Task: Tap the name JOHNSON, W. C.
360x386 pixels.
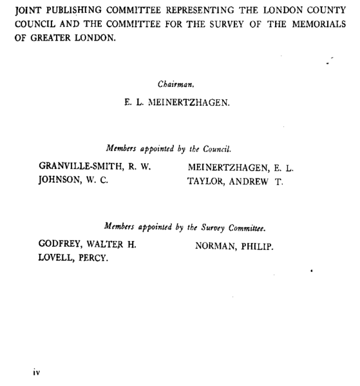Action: (x=73, y=181)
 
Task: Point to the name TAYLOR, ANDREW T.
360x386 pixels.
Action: (x=234, y=181)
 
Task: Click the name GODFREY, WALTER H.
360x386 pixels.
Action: (x=88, y=246)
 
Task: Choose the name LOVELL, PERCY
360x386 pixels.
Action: (x=73, y=258)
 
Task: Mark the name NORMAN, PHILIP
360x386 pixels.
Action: (x=234, y=246)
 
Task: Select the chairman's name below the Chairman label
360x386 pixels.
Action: (x=176, y=102)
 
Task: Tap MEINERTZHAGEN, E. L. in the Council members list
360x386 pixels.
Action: (x=240, y=168)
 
